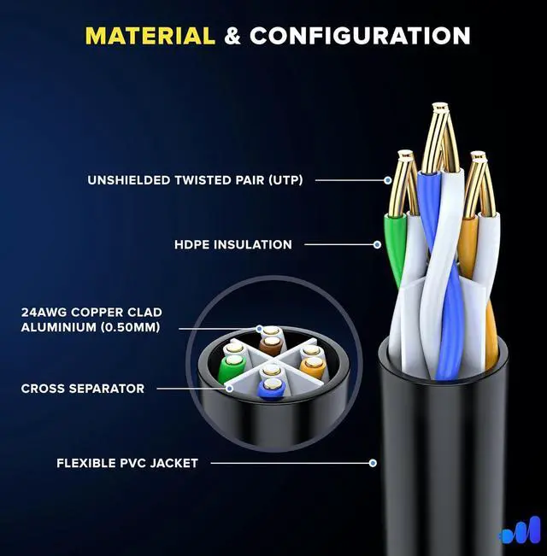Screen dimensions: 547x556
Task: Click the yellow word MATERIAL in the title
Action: (x=150, y=36)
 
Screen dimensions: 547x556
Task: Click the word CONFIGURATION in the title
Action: (x=360, y=36)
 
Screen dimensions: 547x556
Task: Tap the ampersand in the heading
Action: (x=232, y=36)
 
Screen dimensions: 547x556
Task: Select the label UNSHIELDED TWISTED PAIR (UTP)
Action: (x=195, y=180)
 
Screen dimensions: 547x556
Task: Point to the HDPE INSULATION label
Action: (x=233, y=245)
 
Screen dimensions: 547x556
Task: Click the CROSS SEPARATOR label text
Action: (x=83, y=389)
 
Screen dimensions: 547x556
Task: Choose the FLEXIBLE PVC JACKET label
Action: (x=127, y=463)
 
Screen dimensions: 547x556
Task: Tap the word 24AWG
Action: (x=43, y=313)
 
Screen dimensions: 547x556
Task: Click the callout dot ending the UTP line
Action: (x=387, y=180)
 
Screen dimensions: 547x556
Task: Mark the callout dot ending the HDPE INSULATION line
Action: (x=377, y=245)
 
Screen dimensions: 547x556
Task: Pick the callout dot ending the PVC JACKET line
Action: (x=373, y=463)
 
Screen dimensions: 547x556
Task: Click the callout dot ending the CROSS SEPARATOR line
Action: (x=230, y=388)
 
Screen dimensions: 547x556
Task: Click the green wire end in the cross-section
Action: (x=228, y=369)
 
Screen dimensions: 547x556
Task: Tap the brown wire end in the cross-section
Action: (x=270, y=345)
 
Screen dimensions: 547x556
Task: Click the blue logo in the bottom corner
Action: (x=520, y=530)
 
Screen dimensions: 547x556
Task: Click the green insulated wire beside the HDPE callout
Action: (x=394, y=248)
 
